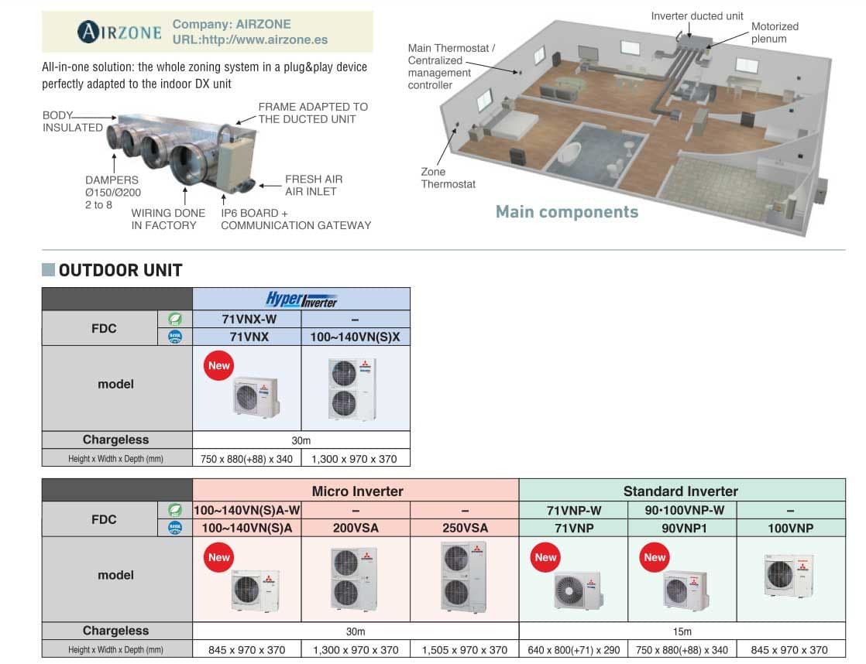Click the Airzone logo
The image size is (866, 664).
pyautogui.click(x=119, y=32)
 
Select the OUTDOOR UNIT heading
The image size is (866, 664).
pyautogui.click(x=120, y=270)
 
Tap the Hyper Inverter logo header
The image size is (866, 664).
pyautogui.click(x=301, y=299)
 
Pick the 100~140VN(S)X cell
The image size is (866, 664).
pyautogui.click(x=355, y=337)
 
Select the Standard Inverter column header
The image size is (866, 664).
pyautogui.click(x=680, y=491)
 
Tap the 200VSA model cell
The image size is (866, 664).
pyautogui.click(x=356, y=528)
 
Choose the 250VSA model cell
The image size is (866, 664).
pyautogui.click(x=464, y=528)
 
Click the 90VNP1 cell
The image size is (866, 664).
pyautogui.click(x=682, y=528)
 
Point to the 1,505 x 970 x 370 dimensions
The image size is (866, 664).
pyautogui.click(x=464, y=650)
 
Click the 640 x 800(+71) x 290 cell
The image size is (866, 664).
pyautogui.click(x=573, y=650)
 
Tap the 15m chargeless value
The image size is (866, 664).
pyautogui.click(x=682, y=631)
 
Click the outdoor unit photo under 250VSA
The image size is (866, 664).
pyautogui.click(x=464, y=577)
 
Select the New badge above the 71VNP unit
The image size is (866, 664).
pyautogui.click(x=545, y=557)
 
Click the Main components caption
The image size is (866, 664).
pyautogui.click(x=566, y=212)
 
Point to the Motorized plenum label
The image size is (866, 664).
pyautogui.click(x=774, y=33)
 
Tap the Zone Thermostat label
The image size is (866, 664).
pyautogui.click(x=448, y=178)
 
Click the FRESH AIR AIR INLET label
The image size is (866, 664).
pyautogui.click(x=313, y=185)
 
